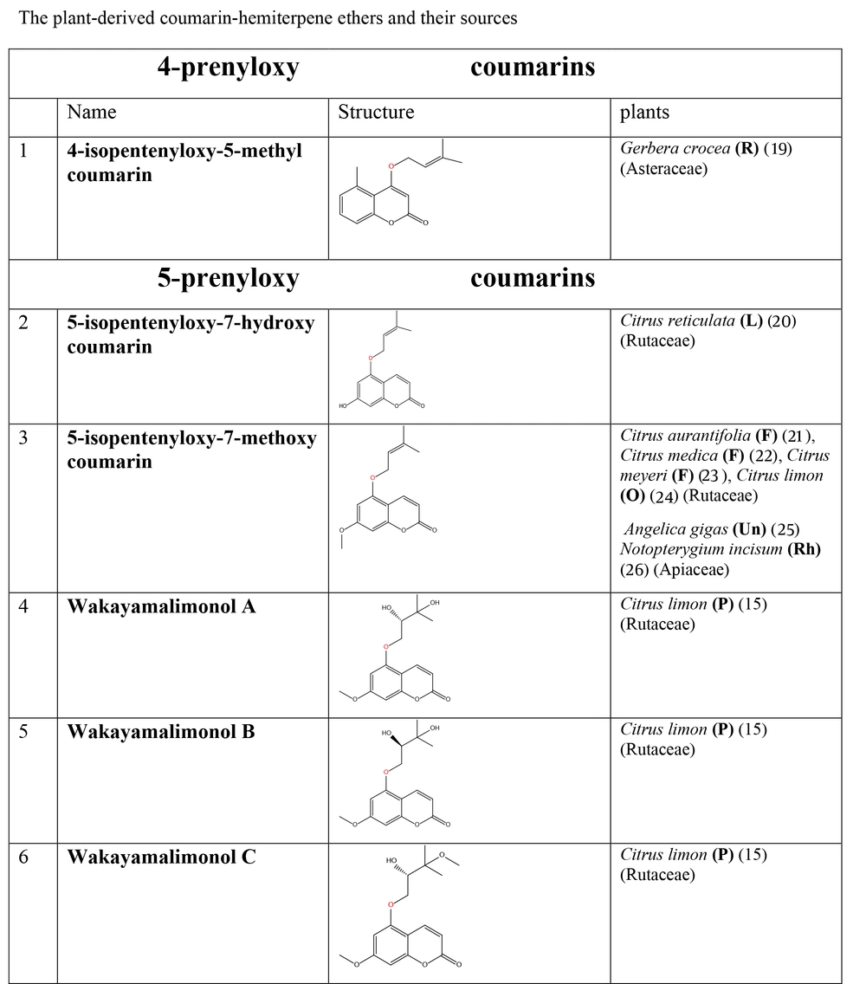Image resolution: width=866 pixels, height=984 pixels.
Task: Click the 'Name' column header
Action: pos(92,113)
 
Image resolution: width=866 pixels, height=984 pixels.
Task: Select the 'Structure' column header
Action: pos(376,113)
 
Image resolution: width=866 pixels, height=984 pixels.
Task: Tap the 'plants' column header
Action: pos(644,113)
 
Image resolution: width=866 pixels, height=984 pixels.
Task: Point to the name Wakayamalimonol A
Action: pos(161,607)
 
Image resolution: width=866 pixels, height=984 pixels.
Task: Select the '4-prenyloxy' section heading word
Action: pos(228,68)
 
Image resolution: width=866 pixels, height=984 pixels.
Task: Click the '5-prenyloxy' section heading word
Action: pos(228,278)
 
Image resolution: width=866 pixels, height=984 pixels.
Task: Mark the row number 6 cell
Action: pos(23,858)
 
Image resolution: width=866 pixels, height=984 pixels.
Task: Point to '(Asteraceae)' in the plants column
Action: pos(663,169)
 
